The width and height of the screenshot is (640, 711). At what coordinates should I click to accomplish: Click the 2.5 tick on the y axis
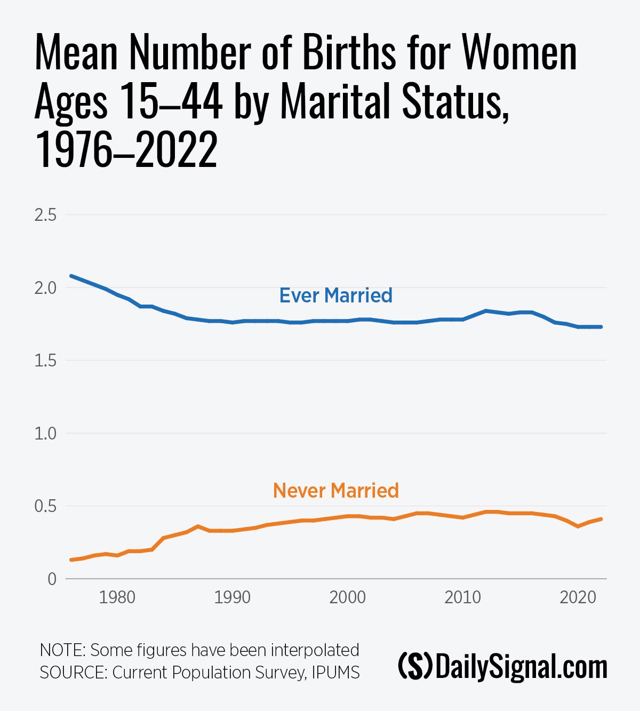(x=45, y=215)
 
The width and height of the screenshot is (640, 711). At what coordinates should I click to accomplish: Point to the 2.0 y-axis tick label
(x=45, y=288)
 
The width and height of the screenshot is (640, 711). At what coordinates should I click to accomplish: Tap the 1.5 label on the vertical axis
(x=45, y=361)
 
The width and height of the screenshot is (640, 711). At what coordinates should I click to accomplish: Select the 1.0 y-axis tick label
(x=45, y=433)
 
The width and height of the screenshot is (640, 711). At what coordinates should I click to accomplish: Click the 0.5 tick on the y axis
(x=45, y=506)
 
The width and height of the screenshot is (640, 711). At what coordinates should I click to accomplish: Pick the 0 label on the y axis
(x=52, y=579)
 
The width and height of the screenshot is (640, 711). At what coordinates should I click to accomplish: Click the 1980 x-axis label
(x=117, y=597)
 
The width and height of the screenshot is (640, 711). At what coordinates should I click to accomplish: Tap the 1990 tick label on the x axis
(x=233, y=597)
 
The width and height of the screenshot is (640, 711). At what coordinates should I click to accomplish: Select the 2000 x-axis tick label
(x=348, y=597)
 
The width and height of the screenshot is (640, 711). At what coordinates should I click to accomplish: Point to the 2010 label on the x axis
(x=463, y=597)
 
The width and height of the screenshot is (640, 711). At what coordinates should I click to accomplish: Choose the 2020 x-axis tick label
(x=578, y=597)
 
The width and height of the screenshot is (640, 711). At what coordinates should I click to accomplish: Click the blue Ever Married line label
(x=336, y=295)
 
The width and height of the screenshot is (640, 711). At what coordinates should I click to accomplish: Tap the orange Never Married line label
(x=336, y=491)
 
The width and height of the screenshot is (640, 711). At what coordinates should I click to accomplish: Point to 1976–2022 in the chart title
(x=126, y=150)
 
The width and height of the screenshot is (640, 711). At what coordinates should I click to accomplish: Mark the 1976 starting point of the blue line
(x=71, y=276)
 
